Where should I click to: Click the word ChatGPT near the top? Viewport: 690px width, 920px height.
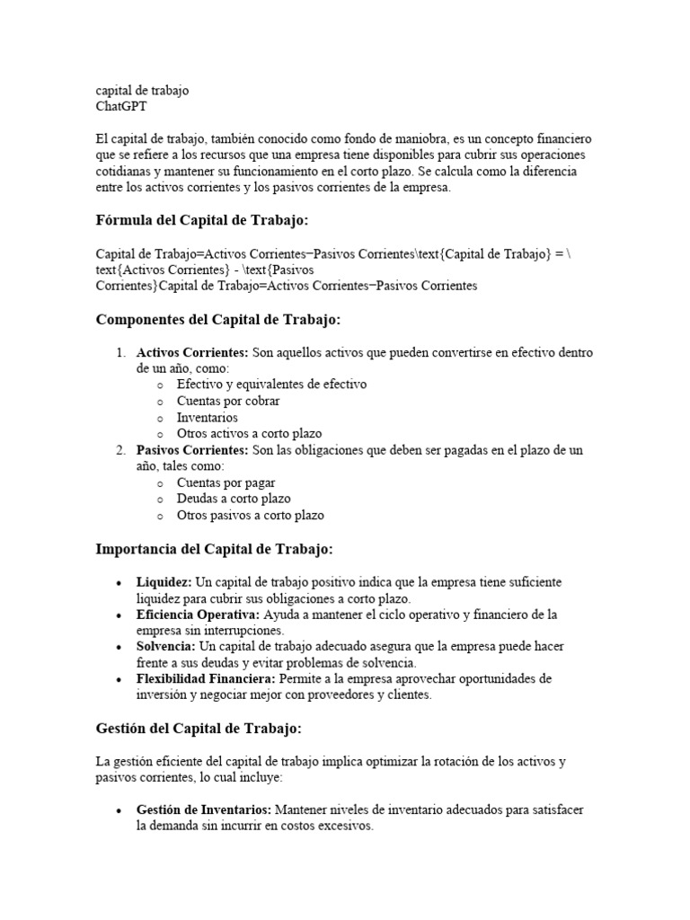(121, 106)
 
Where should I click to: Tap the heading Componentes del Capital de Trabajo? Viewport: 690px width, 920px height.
(218, 319)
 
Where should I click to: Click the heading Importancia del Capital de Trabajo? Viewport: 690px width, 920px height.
(214, 548)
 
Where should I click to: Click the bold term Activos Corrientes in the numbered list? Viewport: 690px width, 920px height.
(191, 352)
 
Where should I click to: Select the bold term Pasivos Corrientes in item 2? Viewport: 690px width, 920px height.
(191, 450)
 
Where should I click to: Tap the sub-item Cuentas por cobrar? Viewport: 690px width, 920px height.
(228, 401)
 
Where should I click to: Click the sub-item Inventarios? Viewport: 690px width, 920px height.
(208, 418)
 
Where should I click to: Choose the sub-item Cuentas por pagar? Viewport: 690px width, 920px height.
(226, 482)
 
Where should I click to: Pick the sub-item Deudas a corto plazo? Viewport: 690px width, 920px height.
(234, 499)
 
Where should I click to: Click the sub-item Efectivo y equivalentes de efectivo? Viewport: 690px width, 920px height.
(271, 385)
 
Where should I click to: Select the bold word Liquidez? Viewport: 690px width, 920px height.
(164, 582)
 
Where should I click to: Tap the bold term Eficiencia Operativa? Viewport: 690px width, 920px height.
(198, 615)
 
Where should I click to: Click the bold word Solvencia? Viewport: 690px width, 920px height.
(165, 647)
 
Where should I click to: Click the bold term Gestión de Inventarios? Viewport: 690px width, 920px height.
(203, 809)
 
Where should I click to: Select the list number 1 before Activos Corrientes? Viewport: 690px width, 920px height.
(119, 352)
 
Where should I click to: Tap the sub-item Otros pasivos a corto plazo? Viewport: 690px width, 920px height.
(251, 516)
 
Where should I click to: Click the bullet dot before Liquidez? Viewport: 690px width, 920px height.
(119, 583)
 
